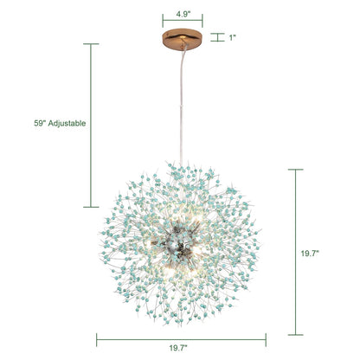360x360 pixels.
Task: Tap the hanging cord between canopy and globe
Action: (x=182, y=104)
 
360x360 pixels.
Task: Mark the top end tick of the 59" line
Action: (x=91, y=44)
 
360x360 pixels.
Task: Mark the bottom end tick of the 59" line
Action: (x=91, y=207)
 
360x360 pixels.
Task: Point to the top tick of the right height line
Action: (x=296, y=170)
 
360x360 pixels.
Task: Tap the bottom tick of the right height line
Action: (x=296, y=334)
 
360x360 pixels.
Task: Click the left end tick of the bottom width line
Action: (x=97, y=339)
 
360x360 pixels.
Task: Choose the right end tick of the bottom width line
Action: (x=266, y=339)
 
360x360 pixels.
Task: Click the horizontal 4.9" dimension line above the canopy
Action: (x=182, y=25)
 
